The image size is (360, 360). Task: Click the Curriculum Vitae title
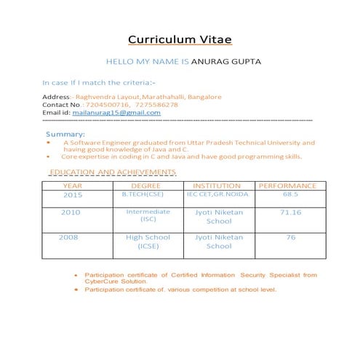180,39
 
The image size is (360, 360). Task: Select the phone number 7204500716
105,105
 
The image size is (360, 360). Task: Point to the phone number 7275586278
153,105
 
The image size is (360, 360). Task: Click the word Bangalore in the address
204,96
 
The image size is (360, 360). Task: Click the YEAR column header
73,185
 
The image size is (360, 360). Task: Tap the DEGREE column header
145,185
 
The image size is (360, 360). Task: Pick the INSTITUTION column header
217,185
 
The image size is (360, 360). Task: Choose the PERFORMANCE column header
288,185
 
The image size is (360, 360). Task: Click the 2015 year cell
73,195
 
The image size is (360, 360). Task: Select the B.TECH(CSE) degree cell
143,194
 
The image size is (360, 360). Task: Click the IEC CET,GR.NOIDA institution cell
217,194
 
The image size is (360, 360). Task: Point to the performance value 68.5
290,194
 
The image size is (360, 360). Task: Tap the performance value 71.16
290,212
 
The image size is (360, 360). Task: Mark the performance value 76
290,237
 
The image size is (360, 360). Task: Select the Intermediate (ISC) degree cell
148,215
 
